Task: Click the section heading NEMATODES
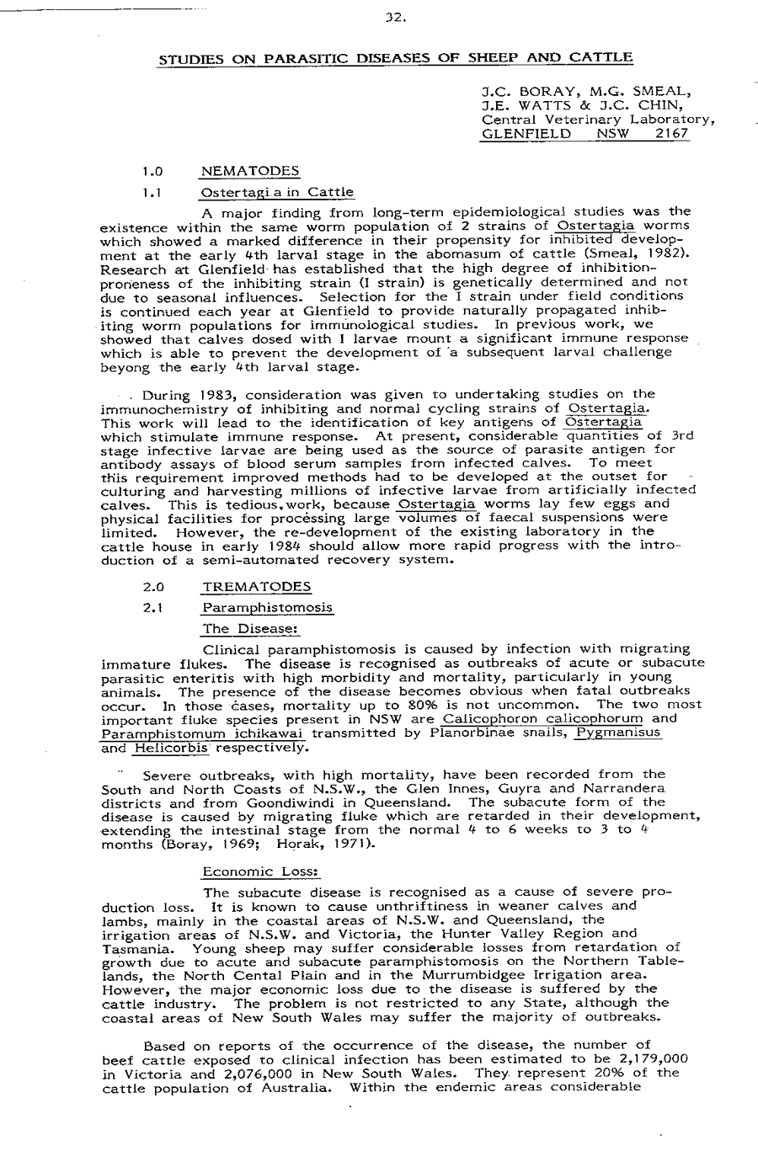(250, 172)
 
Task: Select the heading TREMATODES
(257, 587)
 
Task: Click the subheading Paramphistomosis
(267, 607)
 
